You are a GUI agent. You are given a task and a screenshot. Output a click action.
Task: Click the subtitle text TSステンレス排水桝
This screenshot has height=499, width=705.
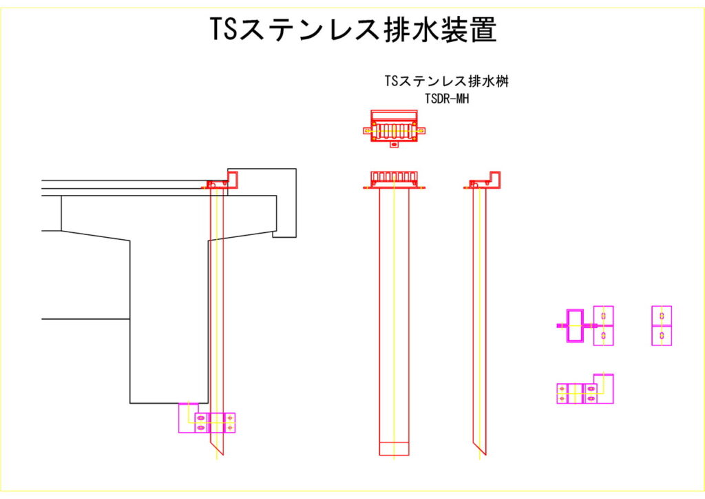447,81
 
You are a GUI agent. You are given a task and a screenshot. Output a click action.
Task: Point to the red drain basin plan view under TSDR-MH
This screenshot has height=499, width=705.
394,128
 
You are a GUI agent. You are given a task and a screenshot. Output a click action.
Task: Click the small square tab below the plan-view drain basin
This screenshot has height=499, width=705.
394,145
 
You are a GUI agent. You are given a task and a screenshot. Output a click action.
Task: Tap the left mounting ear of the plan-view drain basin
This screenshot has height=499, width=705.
366,129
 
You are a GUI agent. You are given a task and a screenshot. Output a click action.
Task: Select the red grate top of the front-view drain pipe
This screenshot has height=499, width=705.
394,179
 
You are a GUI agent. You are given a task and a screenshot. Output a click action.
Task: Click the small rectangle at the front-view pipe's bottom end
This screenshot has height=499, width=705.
394,449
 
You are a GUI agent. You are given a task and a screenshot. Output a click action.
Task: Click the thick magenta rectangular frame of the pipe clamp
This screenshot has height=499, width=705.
574,325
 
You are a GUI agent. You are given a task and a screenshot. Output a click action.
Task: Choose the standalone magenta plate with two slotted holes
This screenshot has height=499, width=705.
662,325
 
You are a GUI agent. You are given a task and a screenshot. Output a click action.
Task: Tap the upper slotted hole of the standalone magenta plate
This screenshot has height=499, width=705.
662,316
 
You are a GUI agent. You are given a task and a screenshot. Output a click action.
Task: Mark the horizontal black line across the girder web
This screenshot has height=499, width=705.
86,319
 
